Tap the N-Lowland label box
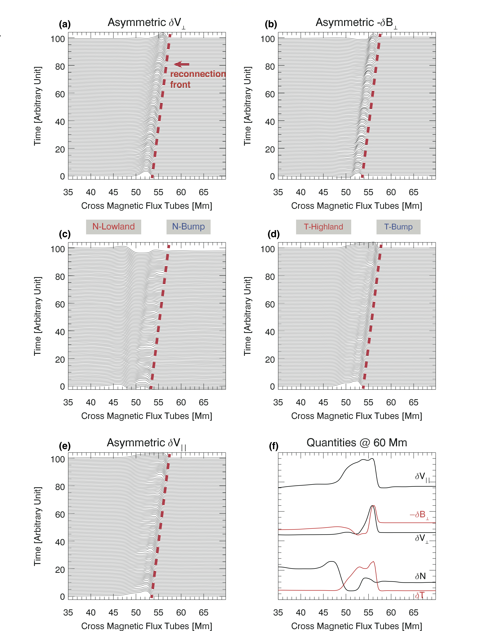pyautogui.click(x=113, y=227)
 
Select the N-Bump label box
pyautogui.click(x=188, y=227)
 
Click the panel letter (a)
pyautogui.click(x=65, y=24)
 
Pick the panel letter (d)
pyautogui.click(x=274, y=234)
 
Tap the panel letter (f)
pyautogui.click(x=274, y=446)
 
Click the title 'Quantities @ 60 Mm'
pyautogui.click(x=357, y=443)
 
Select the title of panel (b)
pyautogui.click(x=356, y=23)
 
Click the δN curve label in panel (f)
pyautogui.click(x=420, y=576)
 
